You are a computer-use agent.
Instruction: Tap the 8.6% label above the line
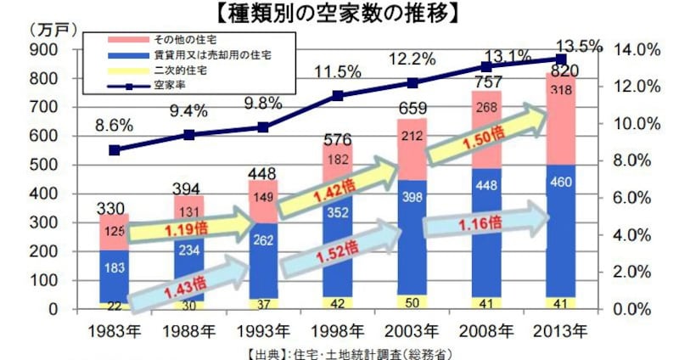pos(114,125)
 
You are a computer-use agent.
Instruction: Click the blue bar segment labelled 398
pos(412,198)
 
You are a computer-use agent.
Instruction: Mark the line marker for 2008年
pos(486,66)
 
